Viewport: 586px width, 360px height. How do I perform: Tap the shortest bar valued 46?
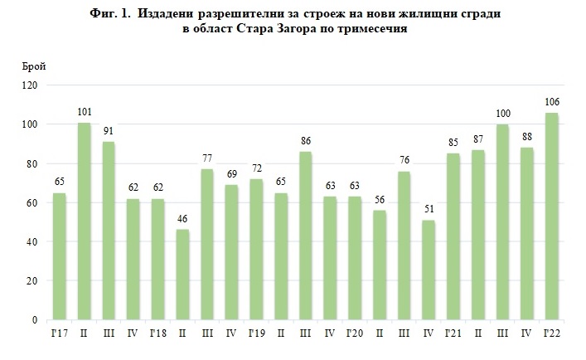(183, 275)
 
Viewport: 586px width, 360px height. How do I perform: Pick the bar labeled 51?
(429, 270)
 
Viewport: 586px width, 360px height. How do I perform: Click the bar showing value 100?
(502, 221)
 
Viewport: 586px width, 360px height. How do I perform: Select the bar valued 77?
(207, 244)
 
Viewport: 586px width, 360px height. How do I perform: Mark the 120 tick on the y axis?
(31, 85)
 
